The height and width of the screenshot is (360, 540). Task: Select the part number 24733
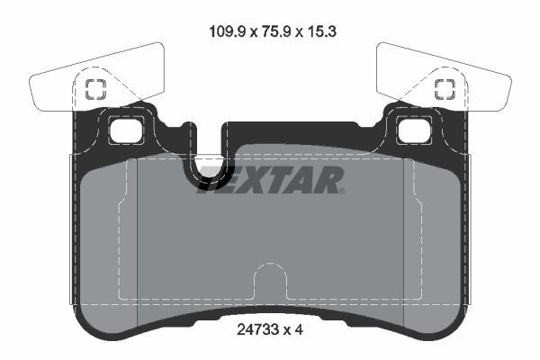pyautogui.click(x=257, y=328)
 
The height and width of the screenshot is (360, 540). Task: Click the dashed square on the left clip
pyautogui.click(x=94, y=88)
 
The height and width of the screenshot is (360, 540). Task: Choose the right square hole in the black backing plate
pyautogui.click(x=414, y=130)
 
